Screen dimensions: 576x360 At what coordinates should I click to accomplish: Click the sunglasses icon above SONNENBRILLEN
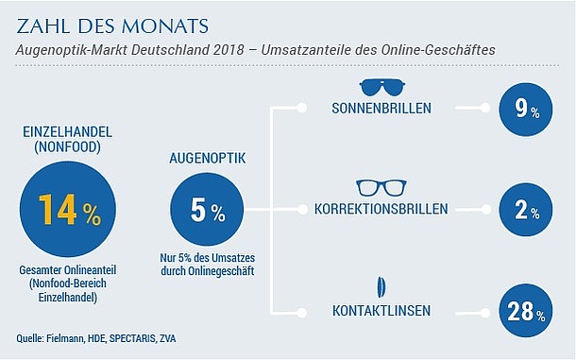(382, 87)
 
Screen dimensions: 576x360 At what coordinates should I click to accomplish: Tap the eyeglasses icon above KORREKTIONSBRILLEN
(382, 188)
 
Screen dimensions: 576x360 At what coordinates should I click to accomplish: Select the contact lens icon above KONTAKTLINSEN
(381, 287)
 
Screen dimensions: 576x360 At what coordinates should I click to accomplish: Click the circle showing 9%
(526, 110)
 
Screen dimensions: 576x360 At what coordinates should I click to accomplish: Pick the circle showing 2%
(526, 210)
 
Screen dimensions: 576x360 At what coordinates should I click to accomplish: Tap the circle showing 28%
(526, 311)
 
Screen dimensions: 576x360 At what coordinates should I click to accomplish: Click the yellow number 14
(58, 209)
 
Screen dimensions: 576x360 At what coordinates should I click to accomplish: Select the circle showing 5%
(207, 209)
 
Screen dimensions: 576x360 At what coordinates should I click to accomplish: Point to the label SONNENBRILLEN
(381, 108)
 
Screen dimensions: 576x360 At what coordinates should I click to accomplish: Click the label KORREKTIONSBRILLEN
(381, 209)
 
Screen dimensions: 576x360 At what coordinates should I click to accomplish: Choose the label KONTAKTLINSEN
(381, 311)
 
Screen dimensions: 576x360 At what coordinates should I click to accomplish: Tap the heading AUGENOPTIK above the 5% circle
(207, 158)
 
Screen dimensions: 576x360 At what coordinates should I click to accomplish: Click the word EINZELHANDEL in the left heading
(68, 132)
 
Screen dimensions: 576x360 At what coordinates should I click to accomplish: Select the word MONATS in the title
(165, 26)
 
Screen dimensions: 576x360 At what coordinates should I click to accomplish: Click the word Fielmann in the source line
(65, 338)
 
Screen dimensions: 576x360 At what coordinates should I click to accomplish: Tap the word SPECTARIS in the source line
(132, 338)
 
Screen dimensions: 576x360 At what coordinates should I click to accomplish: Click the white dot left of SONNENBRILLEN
(302, 108)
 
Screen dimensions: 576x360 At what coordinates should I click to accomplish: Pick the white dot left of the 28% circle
(485, 313)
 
